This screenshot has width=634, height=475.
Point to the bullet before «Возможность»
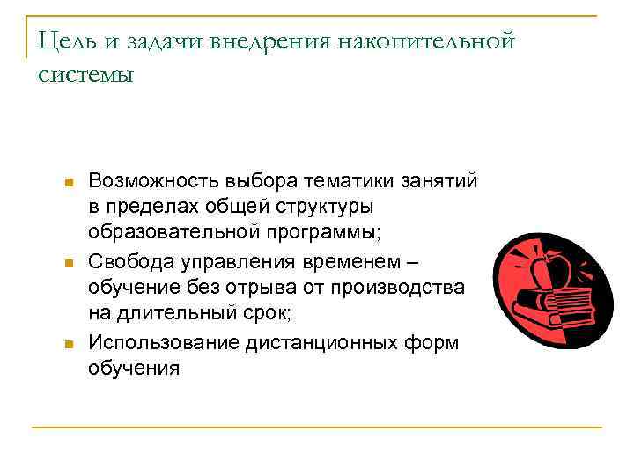(x=68, y=182)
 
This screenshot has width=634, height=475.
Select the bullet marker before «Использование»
(x=68, y=344)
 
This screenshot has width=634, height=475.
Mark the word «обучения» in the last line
(x=133, y=369)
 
